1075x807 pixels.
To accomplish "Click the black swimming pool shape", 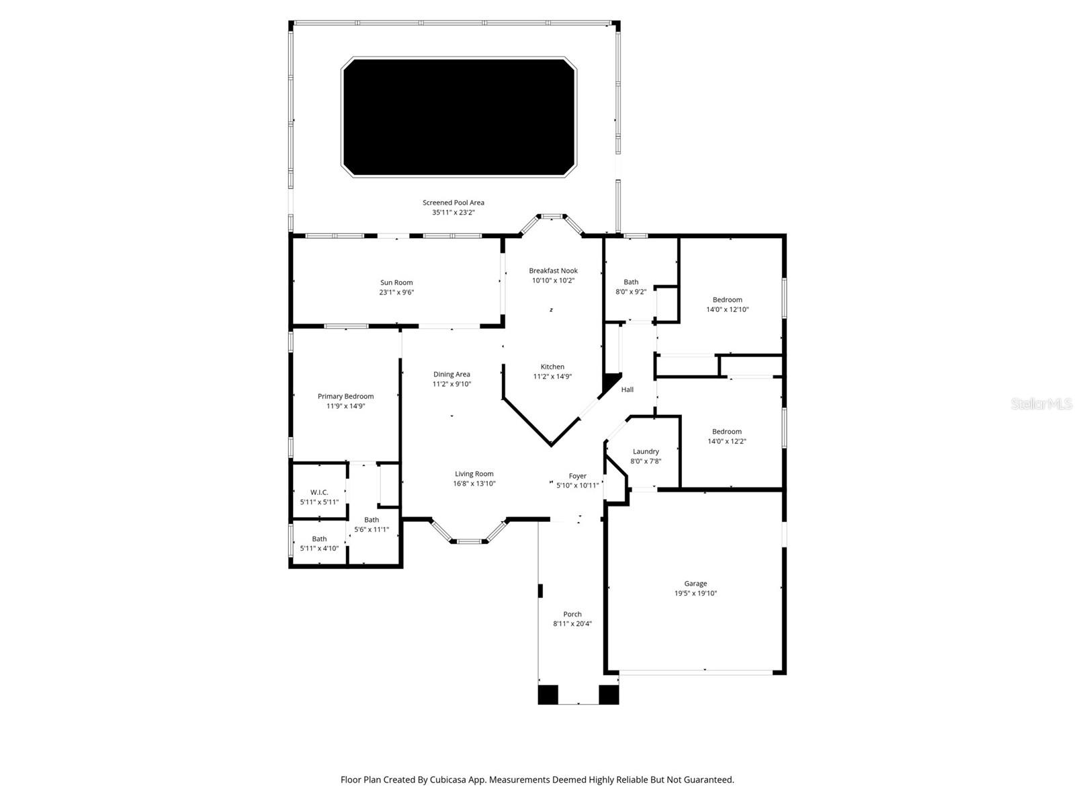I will (460, 117).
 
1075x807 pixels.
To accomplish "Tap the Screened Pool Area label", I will (453, 202).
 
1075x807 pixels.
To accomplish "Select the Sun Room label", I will (396, 282).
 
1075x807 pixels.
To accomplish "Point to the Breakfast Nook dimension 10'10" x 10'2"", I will (553, 280).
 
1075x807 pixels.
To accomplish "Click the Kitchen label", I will (552, 367).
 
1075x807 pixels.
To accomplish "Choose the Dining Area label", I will (451, 374).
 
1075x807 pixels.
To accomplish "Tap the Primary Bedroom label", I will (345, 396).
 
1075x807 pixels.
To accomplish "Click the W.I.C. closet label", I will (319, 492).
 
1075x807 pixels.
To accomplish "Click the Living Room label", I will (474, 473).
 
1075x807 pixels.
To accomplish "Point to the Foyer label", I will (577, 475).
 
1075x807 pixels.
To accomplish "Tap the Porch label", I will (572, 614).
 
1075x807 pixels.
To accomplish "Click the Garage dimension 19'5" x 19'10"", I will (695, 593).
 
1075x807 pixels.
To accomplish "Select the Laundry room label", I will (646, 451).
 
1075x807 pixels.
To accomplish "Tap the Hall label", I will (627, 389).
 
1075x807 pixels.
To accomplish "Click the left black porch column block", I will (548, 694).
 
